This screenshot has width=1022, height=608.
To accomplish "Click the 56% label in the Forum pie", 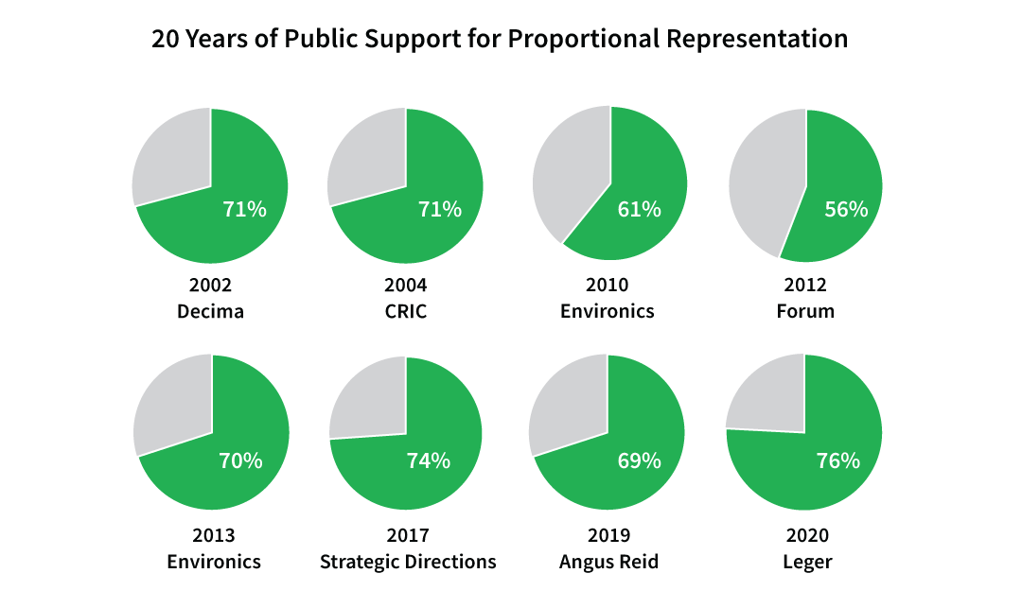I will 846,210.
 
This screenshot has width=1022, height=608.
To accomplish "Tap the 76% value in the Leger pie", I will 838,460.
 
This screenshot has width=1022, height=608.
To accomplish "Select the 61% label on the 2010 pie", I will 639,210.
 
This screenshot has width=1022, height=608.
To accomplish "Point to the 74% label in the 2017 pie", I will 429,460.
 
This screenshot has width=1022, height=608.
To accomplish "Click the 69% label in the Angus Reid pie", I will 639,460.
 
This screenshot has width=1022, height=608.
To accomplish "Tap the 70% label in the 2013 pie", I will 240,460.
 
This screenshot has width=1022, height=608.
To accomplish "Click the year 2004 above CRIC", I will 405,286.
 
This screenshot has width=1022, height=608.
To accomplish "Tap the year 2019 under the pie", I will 608,536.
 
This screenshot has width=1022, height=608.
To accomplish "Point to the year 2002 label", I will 210,286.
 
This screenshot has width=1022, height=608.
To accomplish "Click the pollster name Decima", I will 210,311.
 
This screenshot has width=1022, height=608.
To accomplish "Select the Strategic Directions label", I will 408,562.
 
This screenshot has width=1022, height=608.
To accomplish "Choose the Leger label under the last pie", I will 807,562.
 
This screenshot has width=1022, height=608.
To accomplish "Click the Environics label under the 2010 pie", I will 608,311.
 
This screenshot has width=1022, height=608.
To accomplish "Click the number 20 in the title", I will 165,40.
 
